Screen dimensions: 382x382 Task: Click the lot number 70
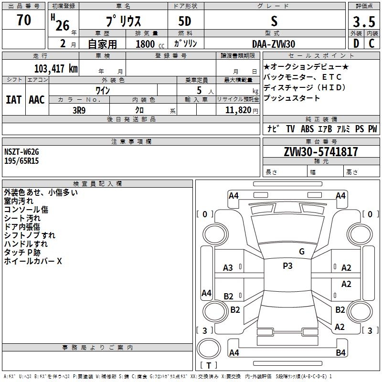(24, 21)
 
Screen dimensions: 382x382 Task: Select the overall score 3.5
(364, 22)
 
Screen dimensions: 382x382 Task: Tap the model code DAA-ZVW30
(273, 43)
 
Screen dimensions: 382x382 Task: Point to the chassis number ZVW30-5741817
(321, 152)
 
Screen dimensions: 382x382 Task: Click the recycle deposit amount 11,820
(238, 110)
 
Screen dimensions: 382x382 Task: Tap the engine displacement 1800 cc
(146, 44)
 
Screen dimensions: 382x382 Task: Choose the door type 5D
(185, 22)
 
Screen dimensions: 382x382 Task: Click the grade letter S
(274, 21)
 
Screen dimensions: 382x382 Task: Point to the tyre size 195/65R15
(21, 161)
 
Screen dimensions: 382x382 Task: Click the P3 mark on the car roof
(287, 266)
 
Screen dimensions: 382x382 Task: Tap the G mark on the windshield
(301, 251)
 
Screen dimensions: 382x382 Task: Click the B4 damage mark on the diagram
(340, 352)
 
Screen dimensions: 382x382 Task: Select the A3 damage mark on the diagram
(228, 268)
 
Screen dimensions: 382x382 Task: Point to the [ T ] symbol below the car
(208, 366)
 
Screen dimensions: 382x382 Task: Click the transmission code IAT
(14, 99)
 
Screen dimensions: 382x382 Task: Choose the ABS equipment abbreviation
(307, 128)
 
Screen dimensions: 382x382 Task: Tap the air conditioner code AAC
(37, 99)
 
